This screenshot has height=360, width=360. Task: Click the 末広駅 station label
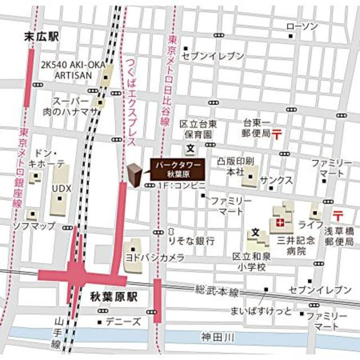pyautogui.click(x=43, y=37)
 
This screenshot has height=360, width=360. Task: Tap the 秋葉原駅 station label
pyautogui.click(x=114, y=295)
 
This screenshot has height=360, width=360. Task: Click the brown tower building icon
pyautogui.click(x=134, y=175)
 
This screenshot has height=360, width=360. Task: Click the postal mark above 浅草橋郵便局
pyautogui.click(x=338, y=215)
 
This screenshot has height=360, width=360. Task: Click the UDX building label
pyautogui.click(x=61, y=188)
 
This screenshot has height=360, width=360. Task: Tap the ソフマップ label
pyautogui.click(x=35, y=226)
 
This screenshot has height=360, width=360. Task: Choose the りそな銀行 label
pyautogui.click(x=191, y=240)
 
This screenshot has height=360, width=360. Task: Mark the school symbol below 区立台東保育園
pyautogui.click(x=191, y=148)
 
